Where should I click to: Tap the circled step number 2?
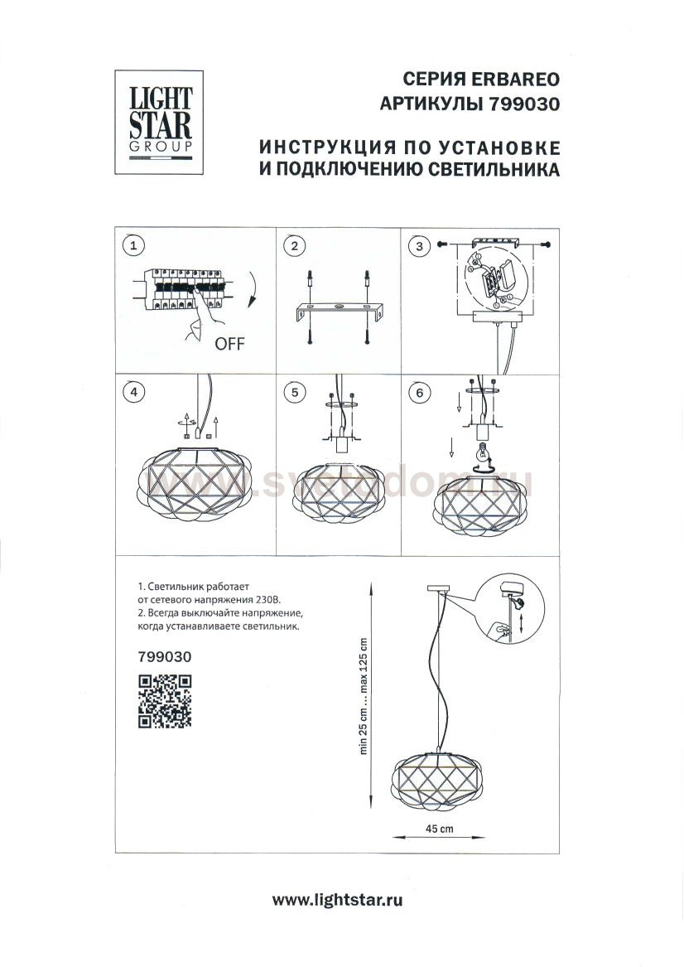[292, 245]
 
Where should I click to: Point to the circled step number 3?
[421, 245]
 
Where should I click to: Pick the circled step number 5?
[292, 393]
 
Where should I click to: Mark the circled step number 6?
[421, 393]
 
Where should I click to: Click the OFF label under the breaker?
[229, 344]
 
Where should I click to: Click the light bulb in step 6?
[481, 453]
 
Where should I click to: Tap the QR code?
[164, 701]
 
